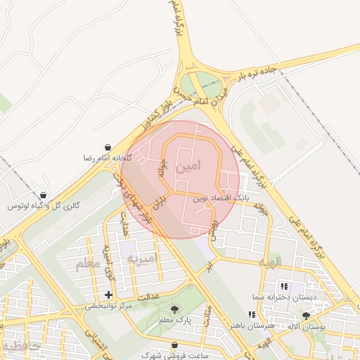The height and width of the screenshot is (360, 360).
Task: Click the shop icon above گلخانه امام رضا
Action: [107, 147]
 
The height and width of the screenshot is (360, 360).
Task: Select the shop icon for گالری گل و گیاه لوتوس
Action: [44, 195]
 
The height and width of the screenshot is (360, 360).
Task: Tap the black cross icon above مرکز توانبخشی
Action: [108, 295]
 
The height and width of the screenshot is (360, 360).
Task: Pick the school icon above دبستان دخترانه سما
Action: [284, 287]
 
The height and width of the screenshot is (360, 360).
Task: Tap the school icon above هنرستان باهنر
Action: [251, 314]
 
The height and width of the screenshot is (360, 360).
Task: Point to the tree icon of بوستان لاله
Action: [305, 316]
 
